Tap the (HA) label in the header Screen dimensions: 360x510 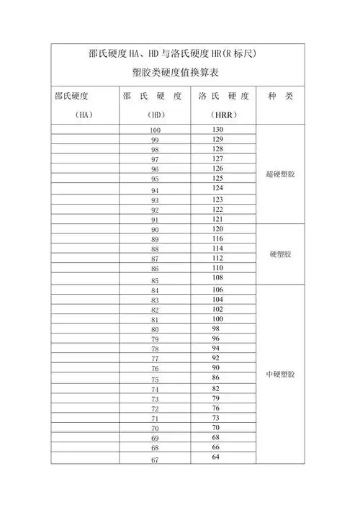[x=84, y=114]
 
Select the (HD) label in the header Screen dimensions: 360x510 [x=154, y=114]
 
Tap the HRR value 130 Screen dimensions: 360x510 [x=217, y=129]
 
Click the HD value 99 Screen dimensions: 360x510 [x=155, y=140]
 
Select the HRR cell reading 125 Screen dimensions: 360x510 [x=217, y=178]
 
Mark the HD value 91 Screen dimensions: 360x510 [x=155, y=220]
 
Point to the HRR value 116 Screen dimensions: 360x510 [x=217, y=238]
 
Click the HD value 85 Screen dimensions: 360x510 [x=155, y=279]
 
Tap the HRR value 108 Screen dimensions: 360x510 [x=217, y=277]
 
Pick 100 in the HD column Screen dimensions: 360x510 [x=155, y=130]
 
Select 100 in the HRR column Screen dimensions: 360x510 [x=217, y=318]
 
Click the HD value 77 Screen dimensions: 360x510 [x=155, y=359]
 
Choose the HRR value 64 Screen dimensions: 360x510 [x=216, y=457]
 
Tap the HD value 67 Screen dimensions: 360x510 [x=155, y=460]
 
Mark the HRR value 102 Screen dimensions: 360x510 [x=217, y=308]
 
